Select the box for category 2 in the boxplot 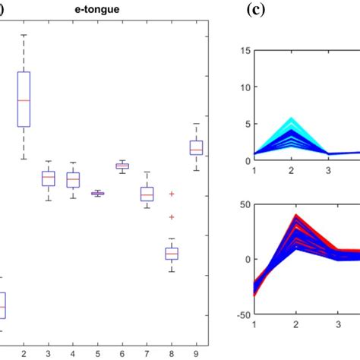(24, 99)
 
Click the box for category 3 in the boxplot (49, 178)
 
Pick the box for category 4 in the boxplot (73, 180)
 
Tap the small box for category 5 (97, 194)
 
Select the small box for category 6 (122, 166)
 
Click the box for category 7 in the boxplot (147, 194)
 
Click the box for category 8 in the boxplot (172, 253)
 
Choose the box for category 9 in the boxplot (196, 147)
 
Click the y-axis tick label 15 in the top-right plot (245, 51)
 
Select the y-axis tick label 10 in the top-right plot (245, 87)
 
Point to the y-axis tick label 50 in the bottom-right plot (245, 204)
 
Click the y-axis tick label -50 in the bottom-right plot (242, 314)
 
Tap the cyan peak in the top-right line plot (290, 119)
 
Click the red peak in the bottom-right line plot (290, 216)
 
